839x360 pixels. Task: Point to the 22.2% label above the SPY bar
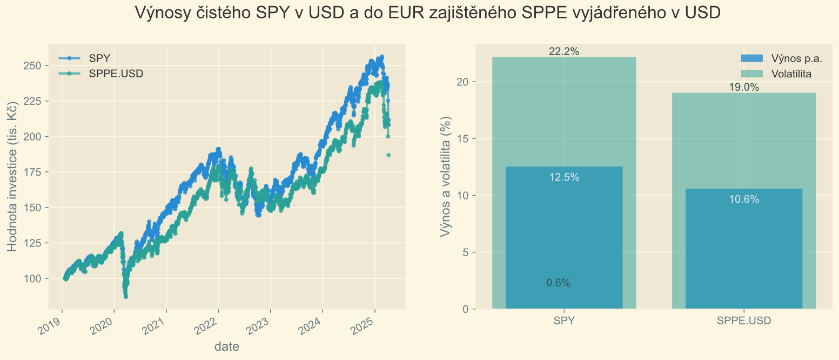[564, 52]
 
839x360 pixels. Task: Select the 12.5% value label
[564, 177]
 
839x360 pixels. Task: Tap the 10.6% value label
[744, 199]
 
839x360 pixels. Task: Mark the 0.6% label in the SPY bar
[558, 283]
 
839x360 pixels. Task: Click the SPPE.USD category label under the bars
[744, 321]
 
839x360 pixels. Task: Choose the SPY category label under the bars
[564, 321]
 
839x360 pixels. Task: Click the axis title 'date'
[227, 346]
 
